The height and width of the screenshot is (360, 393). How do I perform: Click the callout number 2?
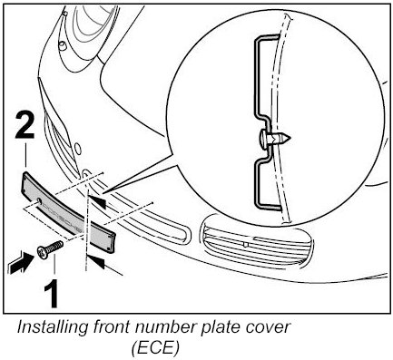[x=25, y=125]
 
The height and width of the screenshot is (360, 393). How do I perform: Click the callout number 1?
[x=52, y=294]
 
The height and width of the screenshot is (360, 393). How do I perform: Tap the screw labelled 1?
[x=50, y=249]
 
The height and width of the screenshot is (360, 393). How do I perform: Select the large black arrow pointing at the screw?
[x=22, y=263]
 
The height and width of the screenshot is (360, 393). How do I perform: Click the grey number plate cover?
[x=68, y=211]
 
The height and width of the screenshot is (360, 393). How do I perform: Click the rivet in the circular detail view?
[x=274, y=139]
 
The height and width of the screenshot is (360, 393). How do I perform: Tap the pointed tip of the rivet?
[x=290, y=139]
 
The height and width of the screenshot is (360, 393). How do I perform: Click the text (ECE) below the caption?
[x=155, y=347]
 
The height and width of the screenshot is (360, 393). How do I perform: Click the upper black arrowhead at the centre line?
[x=97, y=201]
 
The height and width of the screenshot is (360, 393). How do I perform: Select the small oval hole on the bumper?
[x=78, y=148]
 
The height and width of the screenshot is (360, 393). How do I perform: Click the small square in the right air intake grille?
[x=246, y=244]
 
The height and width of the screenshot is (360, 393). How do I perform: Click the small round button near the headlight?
[x=64, y=45]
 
